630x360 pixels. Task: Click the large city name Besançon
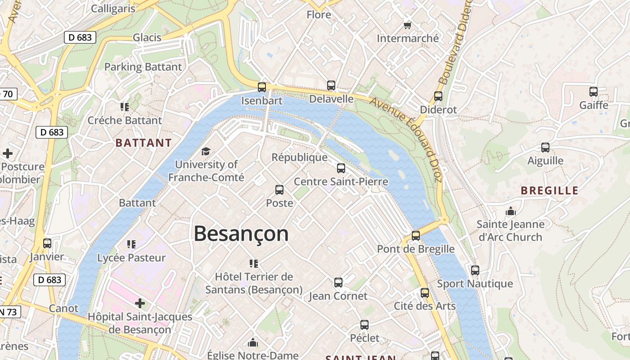click(x=241, y=234)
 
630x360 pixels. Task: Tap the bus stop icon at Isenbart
click(x=262, y=87)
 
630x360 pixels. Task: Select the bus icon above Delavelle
click(x=331, y=85)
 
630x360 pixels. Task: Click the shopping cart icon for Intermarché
click(x=408, y=25)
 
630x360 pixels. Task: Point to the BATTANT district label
click(x=144, y=143)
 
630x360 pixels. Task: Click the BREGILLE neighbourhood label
click(x=549, y=190)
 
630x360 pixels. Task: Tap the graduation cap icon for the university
click(x=206, y=151)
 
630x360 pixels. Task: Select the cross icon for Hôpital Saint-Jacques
click(x=140, y=303)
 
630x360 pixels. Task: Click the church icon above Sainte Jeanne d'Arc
click(x=511, y=211)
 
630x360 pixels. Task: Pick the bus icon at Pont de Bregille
click(x=416, y=235)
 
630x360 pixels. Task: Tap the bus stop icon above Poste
click(x=279, y=190)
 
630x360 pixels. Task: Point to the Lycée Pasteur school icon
click(x=131, y=244)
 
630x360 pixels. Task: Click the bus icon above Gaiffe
click(x=594, y=92)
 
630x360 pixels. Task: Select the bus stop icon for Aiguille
click(x=545, y=147)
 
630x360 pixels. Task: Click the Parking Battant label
click(x=143, y=67)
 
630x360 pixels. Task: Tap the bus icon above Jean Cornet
click(x=338, y=283)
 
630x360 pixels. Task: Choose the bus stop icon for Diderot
click(x=438, y=96)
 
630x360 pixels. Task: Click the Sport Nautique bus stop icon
click(x=475, y=270)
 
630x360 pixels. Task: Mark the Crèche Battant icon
click(x=125, y=107)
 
